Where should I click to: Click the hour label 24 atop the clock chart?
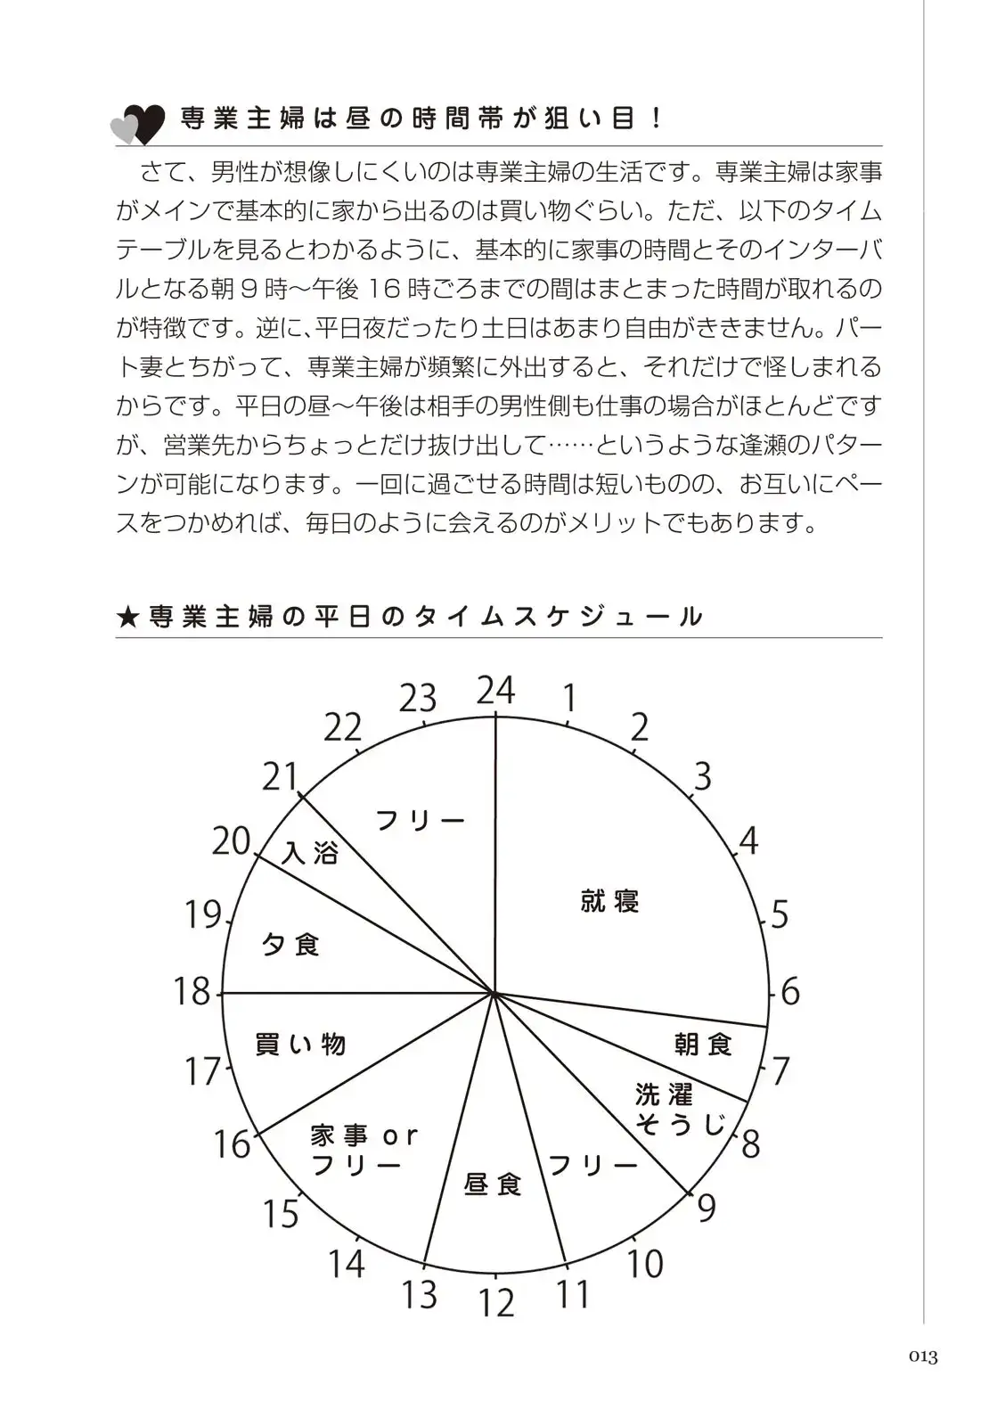click(495, 691)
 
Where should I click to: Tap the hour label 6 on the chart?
click(790, 991)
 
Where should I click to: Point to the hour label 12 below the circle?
click(496, 1303)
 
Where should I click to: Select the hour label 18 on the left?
click(192, 991)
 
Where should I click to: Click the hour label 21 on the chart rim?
click(280, 777)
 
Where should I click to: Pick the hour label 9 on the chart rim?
click(707, 1209)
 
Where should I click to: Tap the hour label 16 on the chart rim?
click(232, 1144)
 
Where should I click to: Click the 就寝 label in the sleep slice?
click(610, 901)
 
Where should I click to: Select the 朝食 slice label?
click(704, 1044)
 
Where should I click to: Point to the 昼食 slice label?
click(494, 1184)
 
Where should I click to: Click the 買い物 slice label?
click(300, 1044)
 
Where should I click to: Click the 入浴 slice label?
click(310, 853)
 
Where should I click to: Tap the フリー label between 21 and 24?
click(421, 820)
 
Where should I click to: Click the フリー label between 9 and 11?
click(592, 1165)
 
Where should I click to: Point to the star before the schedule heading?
click(127, 617)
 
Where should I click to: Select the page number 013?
click(923, 1357)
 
